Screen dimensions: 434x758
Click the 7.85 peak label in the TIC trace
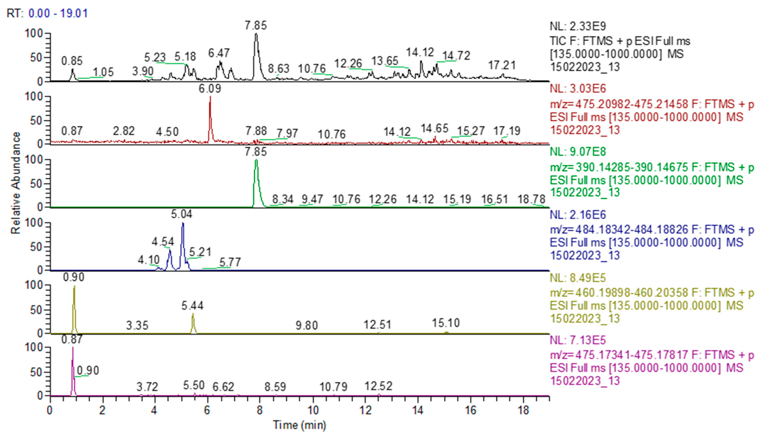(256, 26)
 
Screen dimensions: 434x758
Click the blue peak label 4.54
(163, 242)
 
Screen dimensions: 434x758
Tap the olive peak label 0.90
(74, 277)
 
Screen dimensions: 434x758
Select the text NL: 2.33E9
(578, 27)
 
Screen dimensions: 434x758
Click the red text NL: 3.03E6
(578, 89)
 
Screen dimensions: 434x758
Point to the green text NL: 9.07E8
(578, 152)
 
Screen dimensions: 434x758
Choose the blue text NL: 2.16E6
(578, 215)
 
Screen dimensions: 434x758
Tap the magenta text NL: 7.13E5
(578, 340)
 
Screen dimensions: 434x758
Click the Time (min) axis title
(300, 425)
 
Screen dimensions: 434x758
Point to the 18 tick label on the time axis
(523, 411)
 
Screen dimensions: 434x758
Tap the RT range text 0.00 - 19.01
(58, 13)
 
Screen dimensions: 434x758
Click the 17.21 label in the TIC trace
(502, 65)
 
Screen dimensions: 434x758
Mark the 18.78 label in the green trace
(531, 199)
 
